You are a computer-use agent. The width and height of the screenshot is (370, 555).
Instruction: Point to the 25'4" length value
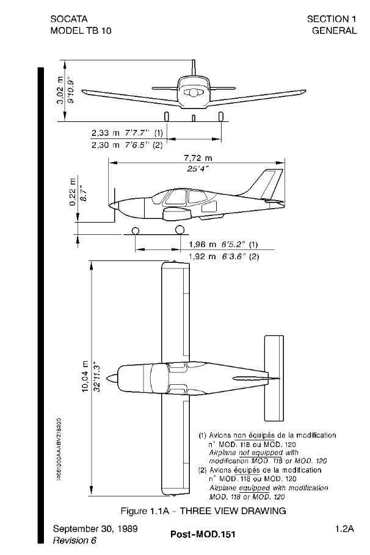coord(196,169)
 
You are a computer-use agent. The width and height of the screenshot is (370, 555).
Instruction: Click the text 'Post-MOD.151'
coord(202,534)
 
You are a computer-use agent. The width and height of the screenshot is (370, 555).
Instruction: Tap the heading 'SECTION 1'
coord(332,20)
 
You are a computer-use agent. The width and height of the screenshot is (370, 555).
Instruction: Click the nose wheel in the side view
coord(136,230)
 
